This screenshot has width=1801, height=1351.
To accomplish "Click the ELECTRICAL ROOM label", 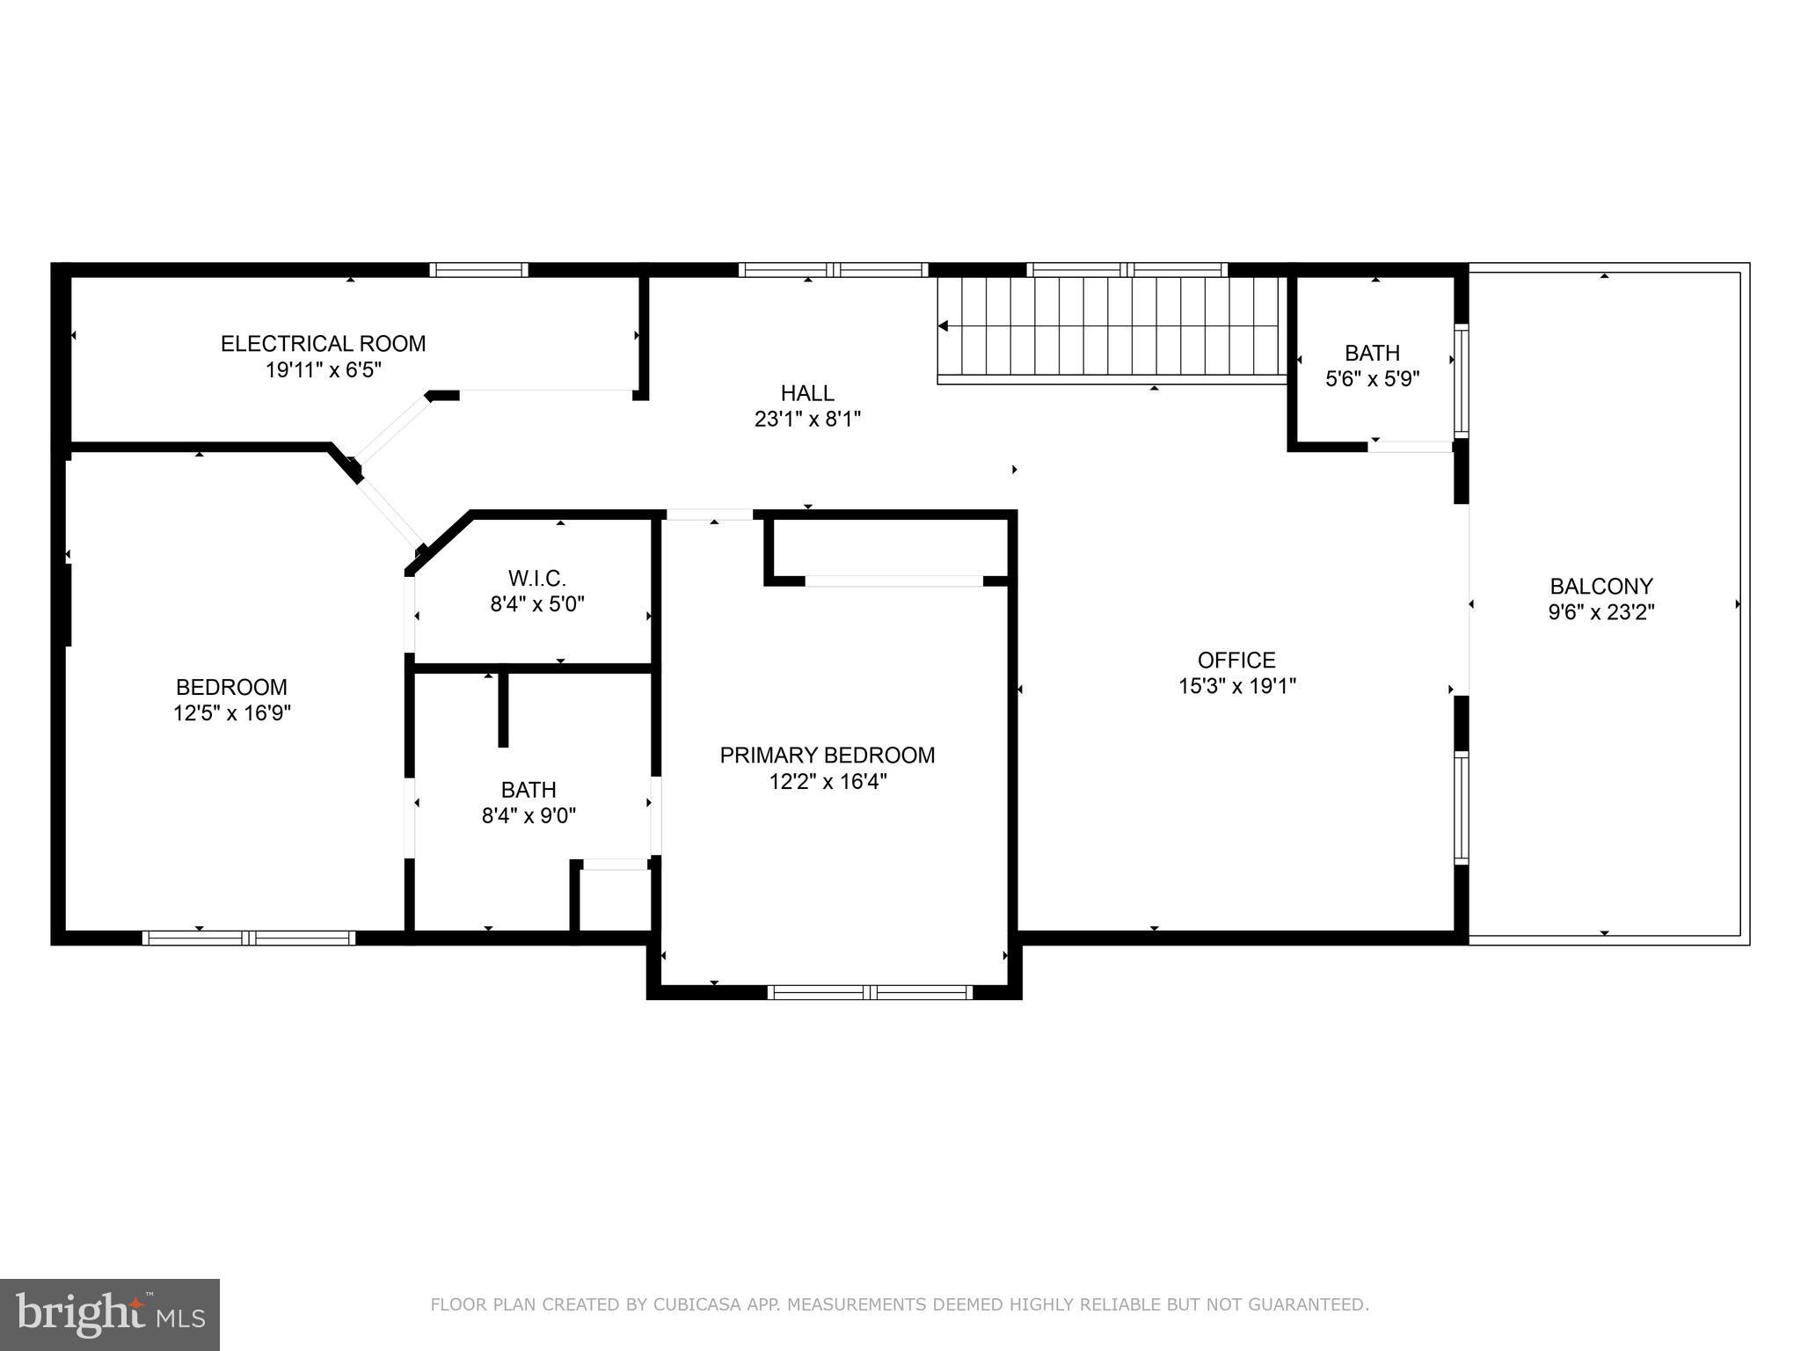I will [323, 343].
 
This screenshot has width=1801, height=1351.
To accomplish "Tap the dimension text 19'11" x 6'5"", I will [323, 370].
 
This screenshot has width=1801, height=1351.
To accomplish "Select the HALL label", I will [806, 393].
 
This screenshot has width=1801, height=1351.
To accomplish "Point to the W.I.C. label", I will [536, 578].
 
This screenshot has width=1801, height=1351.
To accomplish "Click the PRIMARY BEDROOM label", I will [827, 755].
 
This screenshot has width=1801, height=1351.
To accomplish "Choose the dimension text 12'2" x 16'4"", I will [827, 782].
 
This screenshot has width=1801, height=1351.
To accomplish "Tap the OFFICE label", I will [1236, 660].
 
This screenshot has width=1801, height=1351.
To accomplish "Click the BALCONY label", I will [1600, 586].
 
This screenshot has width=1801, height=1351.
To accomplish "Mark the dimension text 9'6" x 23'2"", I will [1600, 612].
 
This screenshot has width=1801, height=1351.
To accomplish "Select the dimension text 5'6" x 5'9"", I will [1372, 379].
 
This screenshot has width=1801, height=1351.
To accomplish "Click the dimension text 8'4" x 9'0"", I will [529, 816].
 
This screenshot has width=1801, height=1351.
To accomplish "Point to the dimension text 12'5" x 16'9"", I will [231, 713].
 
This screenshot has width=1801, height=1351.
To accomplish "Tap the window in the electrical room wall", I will [478, 270].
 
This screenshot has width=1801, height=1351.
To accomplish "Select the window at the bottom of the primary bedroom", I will [869, 992].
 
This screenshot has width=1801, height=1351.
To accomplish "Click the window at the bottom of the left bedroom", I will [249, 938].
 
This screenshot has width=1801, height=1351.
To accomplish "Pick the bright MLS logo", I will [110, 1315].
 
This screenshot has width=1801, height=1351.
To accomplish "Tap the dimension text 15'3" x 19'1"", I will [1236, 686].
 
